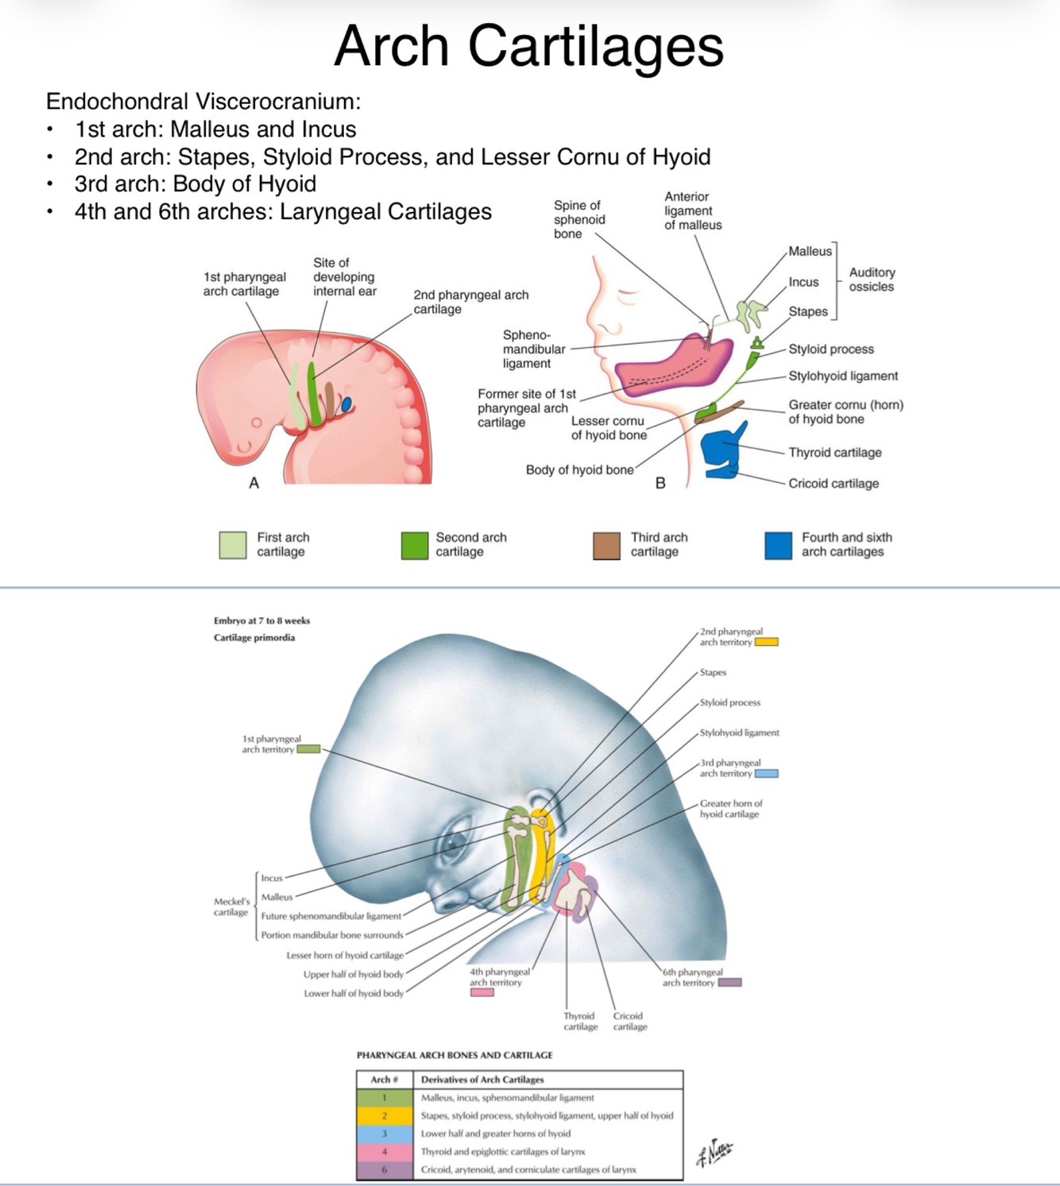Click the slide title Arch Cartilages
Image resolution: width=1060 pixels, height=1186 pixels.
[528, 46]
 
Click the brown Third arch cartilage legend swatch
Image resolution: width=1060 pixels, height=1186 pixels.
[606, 546]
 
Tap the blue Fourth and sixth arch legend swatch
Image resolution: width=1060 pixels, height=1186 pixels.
[778, 546]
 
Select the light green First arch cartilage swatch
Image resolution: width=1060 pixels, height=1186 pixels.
[233, 546]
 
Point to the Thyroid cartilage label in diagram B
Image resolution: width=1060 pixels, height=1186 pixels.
[834, 453]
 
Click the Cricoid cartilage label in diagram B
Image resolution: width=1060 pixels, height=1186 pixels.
[833, 484]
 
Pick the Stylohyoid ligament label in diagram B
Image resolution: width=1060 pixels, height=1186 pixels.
[842, 377]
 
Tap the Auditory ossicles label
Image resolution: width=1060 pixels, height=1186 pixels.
[872, 280]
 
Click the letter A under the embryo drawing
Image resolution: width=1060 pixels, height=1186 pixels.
[254, 483]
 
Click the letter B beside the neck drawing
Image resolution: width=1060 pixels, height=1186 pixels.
[660, 483]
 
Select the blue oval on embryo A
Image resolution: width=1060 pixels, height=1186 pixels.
[346, 404]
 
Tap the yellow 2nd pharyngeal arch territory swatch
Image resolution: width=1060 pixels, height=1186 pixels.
[766, 642]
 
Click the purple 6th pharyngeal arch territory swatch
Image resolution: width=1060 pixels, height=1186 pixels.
[729, 983]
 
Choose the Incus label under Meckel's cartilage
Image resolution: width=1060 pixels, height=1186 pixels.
[272, 879]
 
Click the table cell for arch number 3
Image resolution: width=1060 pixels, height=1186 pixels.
[384, 1134]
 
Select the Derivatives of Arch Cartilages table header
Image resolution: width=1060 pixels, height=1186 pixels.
[482, 1080]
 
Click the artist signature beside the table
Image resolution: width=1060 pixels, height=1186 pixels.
[714, 1153]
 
